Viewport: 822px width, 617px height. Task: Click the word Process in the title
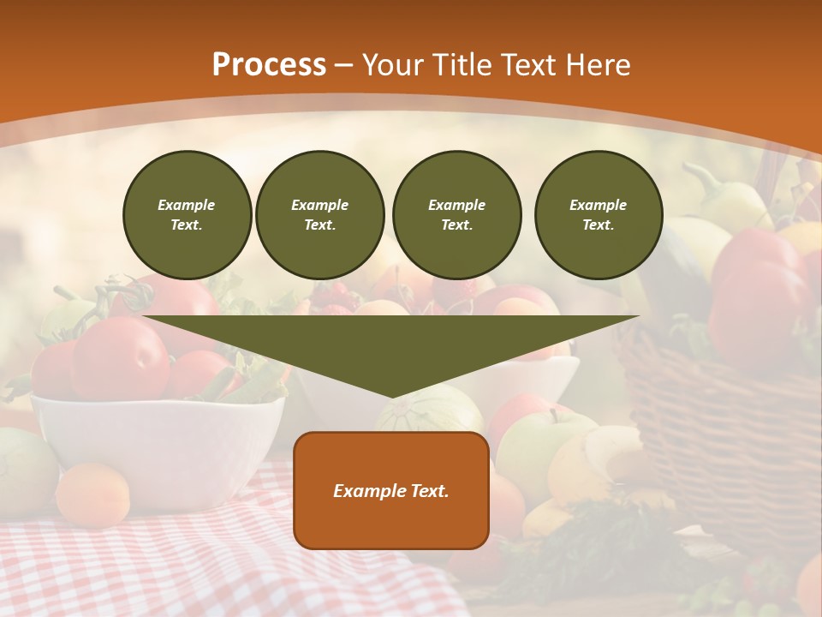tap(269, 65)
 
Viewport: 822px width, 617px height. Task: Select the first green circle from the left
tap(187, 215)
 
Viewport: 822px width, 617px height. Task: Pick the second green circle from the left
tap(319, 215)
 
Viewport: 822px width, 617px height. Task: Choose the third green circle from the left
tap(456, 215)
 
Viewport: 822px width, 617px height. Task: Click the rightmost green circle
tap(598, 215)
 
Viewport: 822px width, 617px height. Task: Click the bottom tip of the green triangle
tap(392, 396)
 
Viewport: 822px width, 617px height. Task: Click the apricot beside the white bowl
tap(92, 494)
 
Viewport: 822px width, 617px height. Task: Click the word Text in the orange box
tap(429, 491)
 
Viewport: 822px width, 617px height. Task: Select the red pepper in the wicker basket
tap(753, 291)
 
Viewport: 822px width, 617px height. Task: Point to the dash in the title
tap(344, 66)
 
